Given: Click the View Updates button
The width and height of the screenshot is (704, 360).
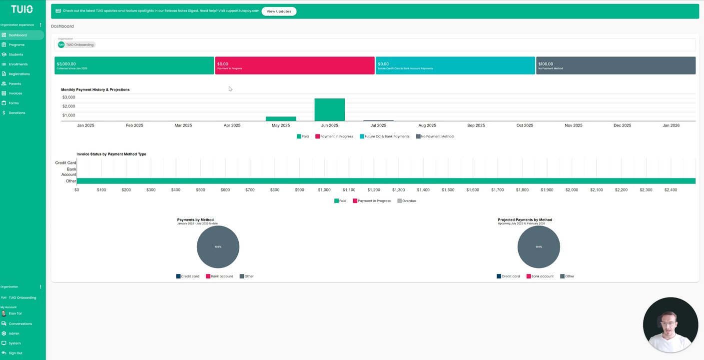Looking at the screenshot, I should coord(279,11).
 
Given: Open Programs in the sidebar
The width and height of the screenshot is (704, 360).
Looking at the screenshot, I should coord(16,45).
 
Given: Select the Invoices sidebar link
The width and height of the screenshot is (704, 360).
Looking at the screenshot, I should coord(15,93).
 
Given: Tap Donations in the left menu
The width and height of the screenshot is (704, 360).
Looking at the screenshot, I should coord(16,113).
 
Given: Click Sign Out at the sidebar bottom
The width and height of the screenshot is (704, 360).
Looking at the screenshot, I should coord(15,353).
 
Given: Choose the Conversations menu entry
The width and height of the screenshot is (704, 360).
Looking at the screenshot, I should coord(20,324).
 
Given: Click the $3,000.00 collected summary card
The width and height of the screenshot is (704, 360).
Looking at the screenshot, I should coord(134,65).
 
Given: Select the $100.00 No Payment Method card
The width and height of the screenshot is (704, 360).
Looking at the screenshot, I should coord(616,65).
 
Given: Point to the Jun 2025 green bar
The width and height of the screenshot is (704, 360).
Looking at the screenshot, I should coord(329,109).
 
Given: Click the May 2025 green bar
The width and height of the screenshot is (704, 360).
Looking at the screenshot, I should coord(281,119).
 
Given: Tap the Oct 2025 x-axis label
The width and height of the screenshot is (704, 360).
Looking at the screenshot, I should coord(525,125).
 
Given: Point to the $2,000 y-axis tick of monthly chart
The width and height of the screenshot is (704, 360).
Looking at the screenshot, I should coord(68,106).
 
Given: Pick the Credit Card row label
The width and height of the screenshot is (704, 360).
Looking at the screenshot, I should coord(65,163).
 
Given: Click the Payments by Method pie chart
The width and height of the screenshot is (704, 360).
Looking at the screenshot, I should coord(218,247).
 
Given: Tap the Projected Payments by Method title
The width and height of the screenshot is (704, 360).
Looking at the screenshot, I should coord(525,220).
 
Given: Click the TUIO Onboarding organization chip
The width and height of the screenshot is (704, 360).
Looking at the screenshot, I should coord(76,44).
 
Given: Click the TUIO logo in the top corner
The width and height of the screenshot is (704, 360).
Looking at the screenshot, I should coord(22,9).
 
